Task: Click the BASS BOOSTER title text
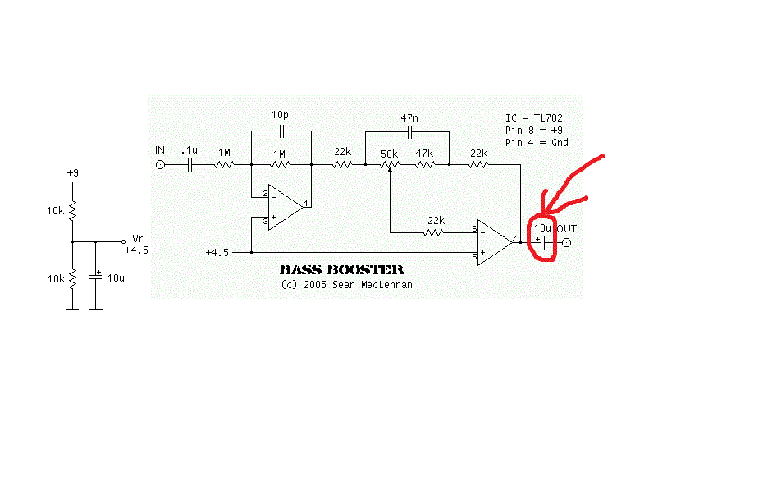point(341,269)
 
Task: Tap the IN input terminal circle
point(160,165)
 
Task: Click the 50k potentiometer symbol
point(390,165)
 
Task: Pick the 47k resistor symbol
point(424,165)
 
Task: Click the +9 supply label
point(73,174)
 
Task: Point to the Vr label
point(137,239)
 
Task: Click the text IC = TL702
point(534,119)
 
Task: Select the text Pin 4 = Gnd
point(537,142)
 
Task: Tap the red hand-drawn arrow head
point(548,203)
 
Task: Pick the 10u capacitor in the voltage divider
point(96,278)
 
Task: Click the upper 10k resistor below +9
point(72,211)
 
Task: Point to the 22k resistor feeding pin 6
point(436,232)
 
